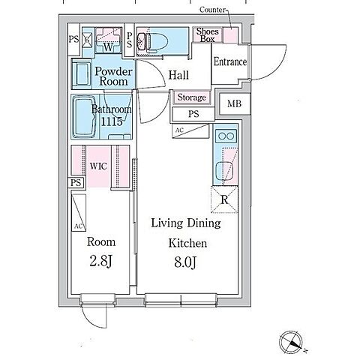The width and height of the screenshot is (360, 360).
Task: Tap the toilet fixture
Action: [x=148, y=40]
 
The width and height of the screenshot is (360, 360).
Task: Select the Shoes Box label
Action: [x=207, y=35]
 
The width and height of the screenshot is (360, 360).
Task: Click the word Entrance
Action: [x=230, y=61]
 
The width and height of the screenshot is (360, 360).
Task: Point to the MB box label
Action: [x=234, y=103]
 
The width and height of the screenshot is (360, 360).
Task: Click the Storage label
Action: [x=192, y=97]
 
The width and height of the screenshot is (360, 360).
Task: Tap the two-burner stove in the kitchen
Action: [x=226, y=136]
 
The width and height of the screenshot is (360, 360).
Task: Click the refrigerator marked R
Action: [x=224, y=199]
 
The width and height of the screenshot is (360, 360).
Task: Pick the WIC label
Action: [x=98, y=166]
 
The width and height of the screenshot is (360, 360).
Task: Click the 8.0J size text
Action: [x=185, y=262]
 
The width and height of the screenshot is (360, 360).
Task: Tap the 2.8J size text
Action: [x=100, y=262]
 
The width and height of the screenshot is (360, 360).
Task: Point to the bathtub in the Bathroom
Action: [x=84, y=117]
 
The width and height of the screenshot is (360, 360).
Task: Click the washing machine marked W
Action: [x=108, y=40]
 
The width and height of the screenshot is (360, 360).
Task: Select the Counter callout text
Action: [x=212, y=10]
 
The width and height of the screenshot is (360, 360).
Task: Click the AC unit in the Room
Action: [x=79, y=212]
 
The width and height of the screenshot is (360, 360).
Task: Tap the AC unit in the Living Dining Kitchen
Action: [x=190, y=130]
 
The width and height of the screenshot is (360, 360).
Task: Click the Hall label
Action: [x=178, y=75]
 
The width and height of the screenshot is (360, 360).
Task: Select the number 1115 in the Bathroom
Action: [x=112, y=121]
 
